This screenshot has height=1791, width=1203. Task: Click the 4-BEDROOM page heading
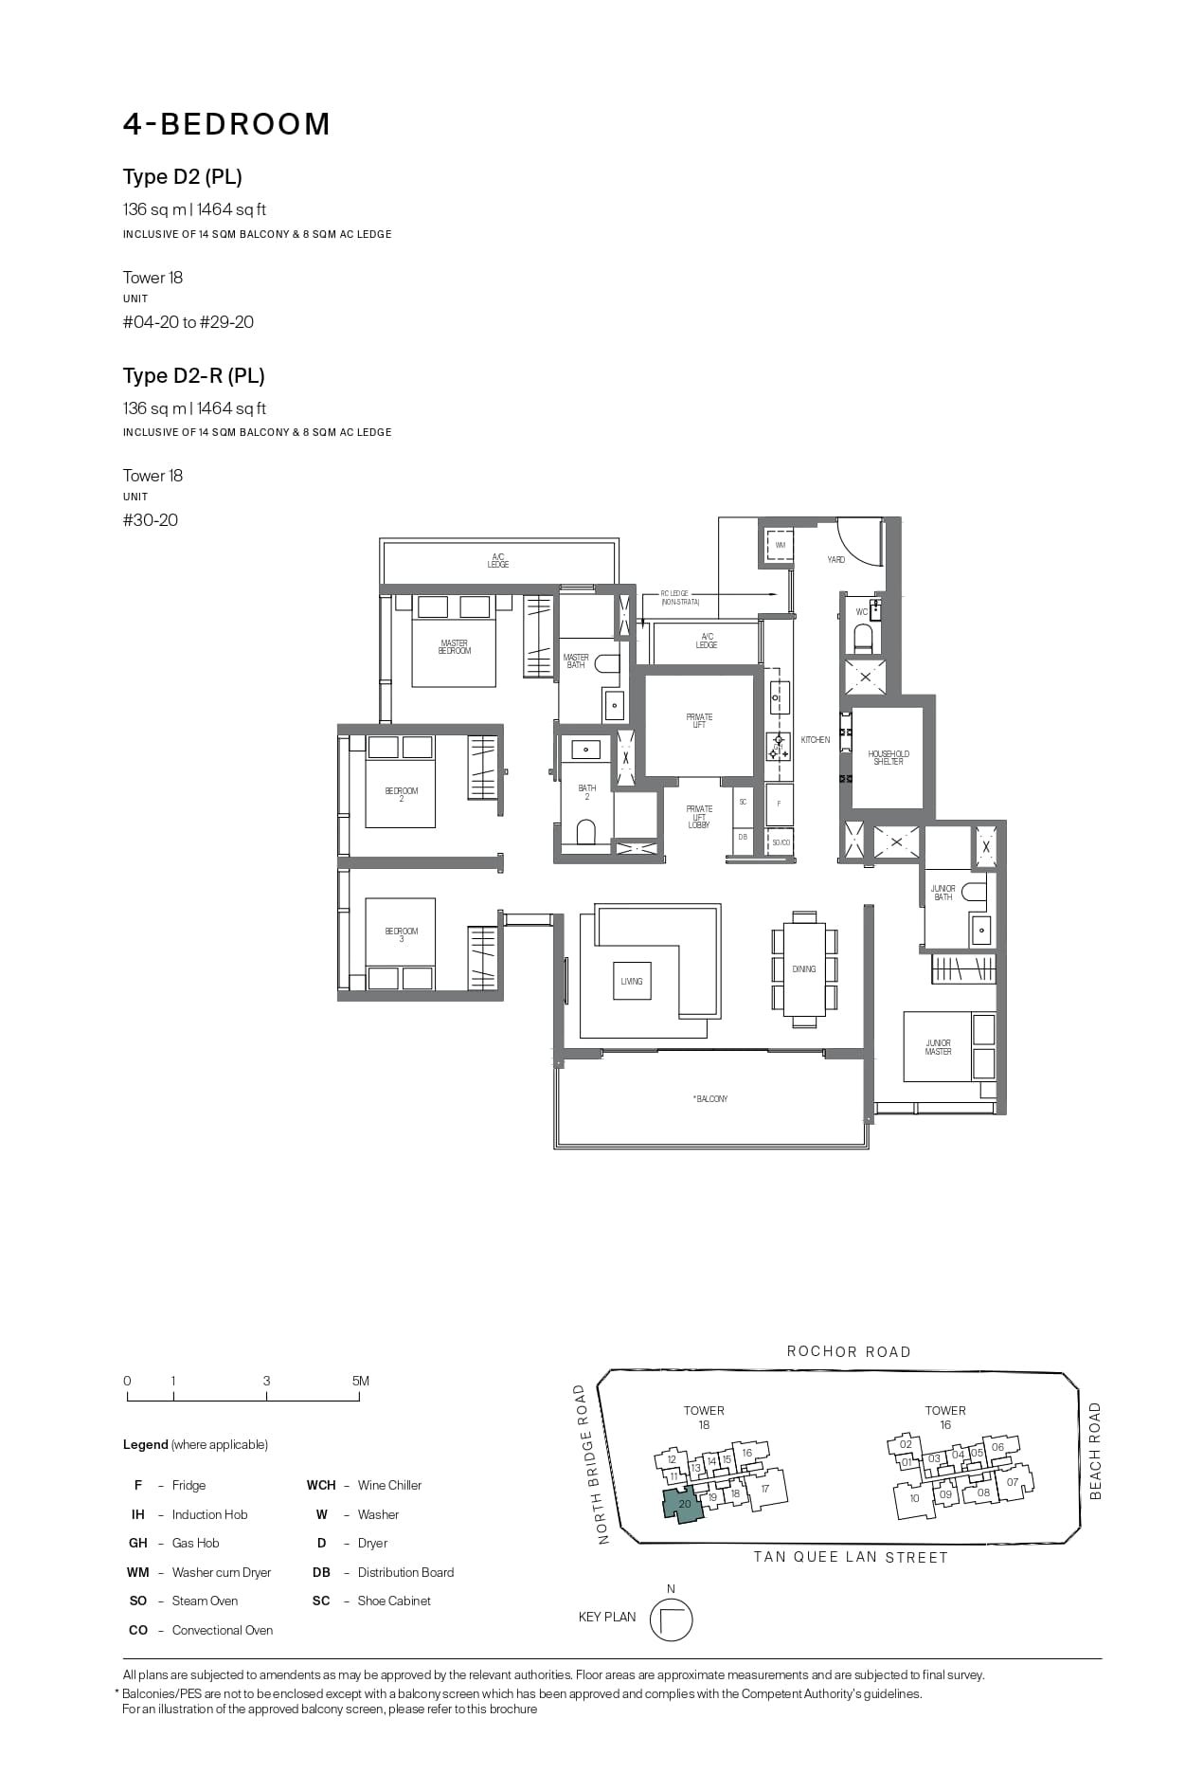click(226, 124)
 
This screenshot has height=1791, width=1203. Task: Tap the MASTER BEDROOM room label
click(455, 647)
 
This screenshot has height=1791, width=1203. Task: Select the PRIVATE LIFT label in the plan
click(699, 721)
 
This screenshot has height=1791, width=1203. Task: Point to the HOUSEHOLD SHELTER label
click(889, 758)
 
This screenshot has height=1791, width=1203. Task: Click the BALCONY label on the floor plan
click(711, 1099)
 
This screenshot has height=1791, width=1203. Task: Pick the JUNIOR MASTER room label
click(938, 1047)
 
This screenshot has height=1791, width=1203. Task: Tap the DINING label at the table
click(804, 969)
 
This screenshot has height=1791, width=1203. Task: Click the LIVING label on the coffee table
click(632, 982)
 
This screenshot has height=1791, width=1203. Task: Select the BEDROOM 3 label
click(402, 935)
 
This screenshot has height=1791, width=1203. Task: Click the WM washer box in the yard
click(780, 546)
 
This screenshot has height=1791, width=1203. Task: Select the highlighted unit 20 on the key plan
click(684, 1504)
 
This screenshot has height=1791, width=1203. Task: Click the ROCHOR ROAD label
click(849, 1352)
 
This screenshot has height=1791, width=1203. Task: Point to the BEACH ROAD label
click(1096, 1451)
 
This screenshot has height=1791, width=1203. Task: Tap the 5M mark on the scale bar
click(360, 1382)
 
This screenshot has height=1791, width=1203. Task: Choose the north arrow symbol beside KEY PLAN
click(671, 1619)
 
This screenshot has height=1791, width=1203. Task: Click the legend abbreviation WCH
click(321, 1485)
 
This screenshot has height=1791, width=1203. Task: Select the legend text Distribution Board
click(405, 1572)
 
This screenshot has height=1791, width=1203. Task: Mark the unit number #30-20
click(151, 520)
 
